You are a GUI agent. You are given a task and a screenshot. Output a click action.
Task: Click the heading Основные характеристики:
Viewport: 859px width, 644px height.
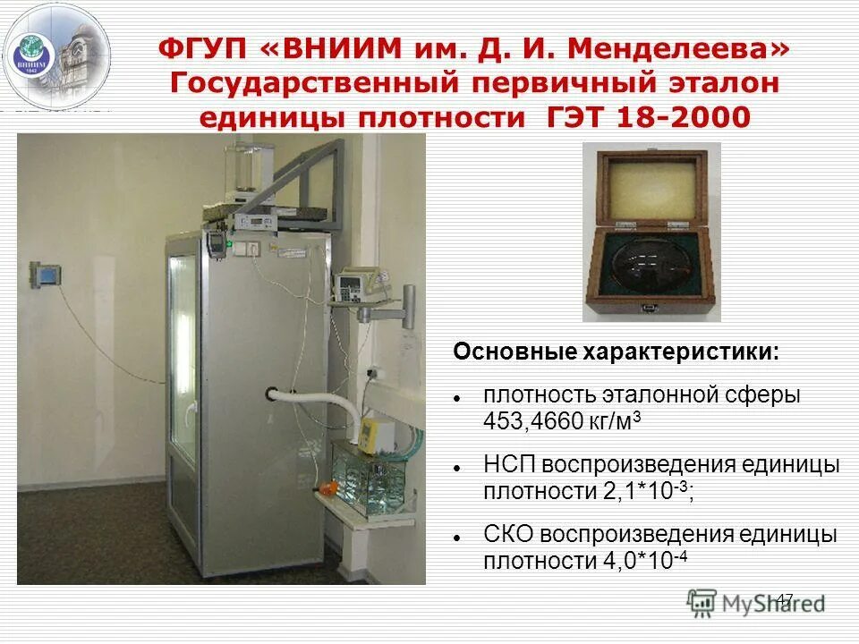tap(617, 352)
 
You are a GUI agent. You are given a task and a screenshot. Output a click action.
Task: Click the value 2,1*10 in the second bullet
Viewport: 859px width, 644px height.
tap(609, 491)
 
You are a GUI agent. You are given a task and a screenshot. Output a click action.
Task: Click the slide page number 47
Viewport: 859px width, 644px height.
tap(785, 598)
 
